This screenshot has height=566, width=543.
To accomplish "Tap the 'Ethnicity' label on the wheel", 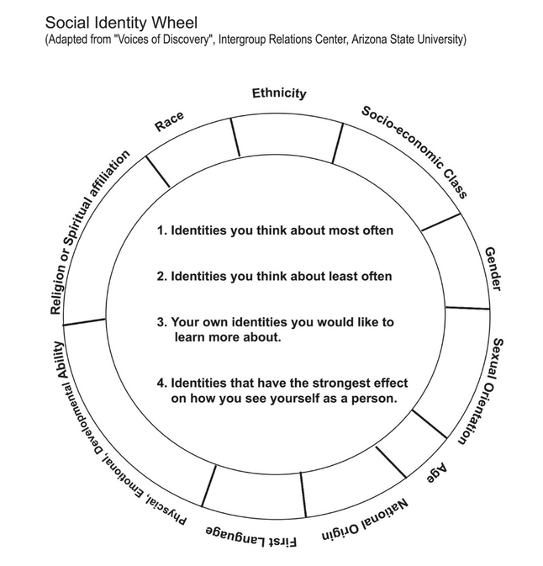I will (x=279, y=94).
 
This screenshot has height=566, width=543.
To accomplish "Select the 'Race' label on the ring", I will (x=169, y=121).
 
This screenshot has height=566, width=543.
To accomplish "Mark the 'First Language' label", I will (x=251, y=537).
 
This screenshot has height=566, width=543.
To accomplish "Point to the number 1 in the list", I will (x=161, y=229).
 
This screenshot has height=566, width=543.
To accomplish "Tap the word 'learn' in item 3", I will (x=190, y=337).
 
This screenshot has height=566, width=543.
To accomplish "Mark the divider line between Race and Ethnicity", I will (x=235, y=138).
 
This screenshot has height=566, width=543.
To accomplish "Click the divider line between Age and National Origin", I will (x=390, y=461).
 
